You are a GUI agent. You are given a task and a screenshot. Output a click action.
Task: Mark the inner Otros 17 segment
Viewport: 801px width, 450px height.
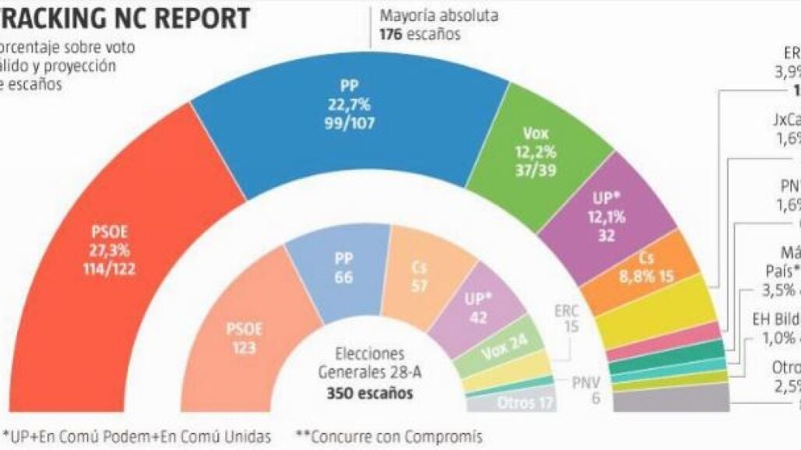(x=527, y=403)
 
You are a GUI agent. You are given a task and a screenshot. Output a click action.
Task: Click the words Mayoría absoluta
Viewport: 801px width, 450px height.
(x=438, y=16)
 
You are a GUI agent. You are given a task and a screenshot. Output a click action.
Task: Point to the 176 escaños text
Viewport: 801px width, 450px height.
(x=419, y=33)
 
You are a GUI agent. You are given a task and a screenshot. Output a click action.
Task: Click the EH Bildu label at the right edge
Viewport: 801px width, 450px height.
(x=776, y=319)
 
